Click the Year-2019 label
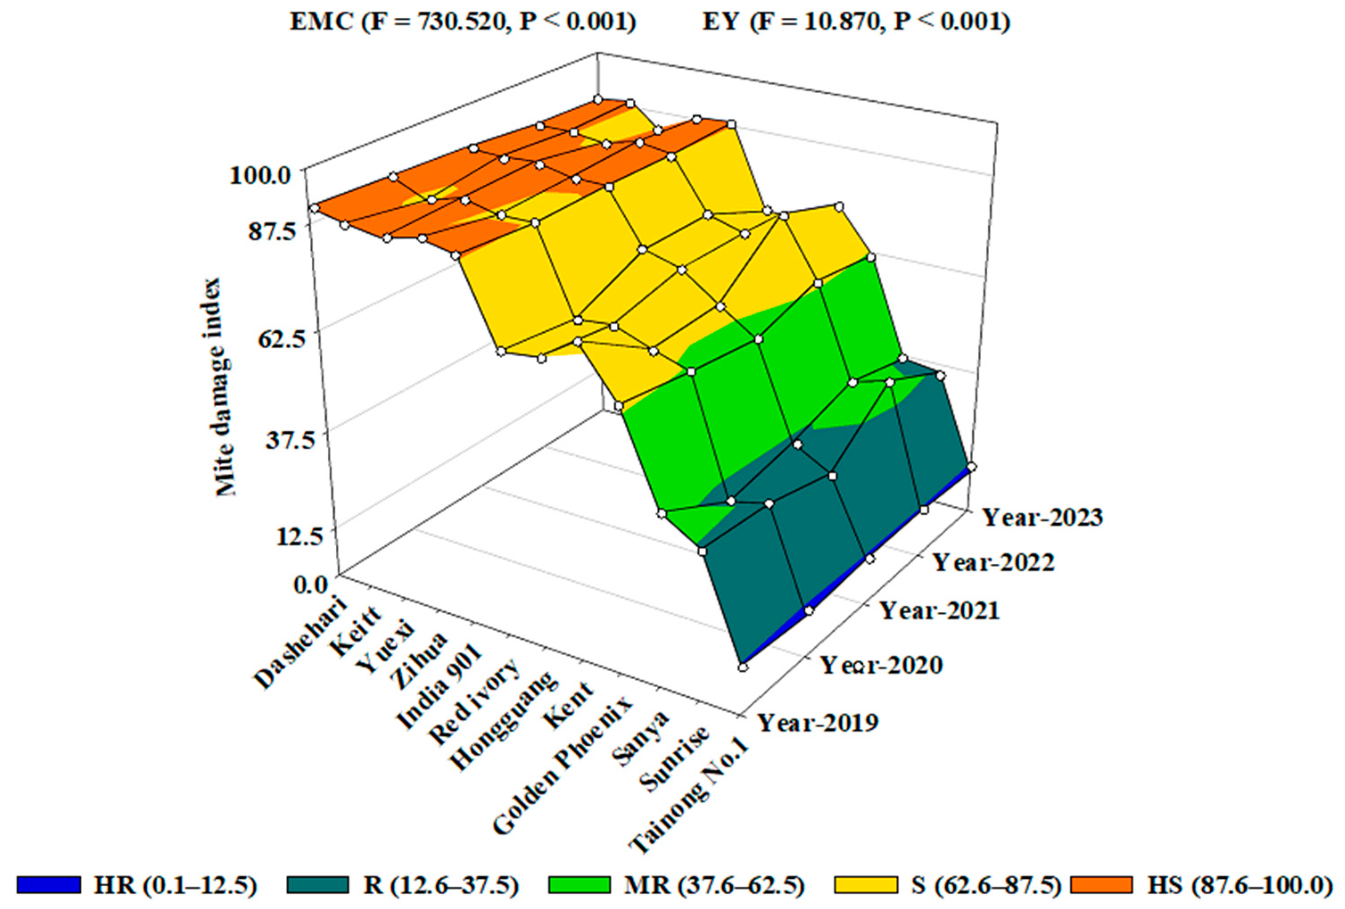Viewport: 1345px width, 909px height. [818, 723]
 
